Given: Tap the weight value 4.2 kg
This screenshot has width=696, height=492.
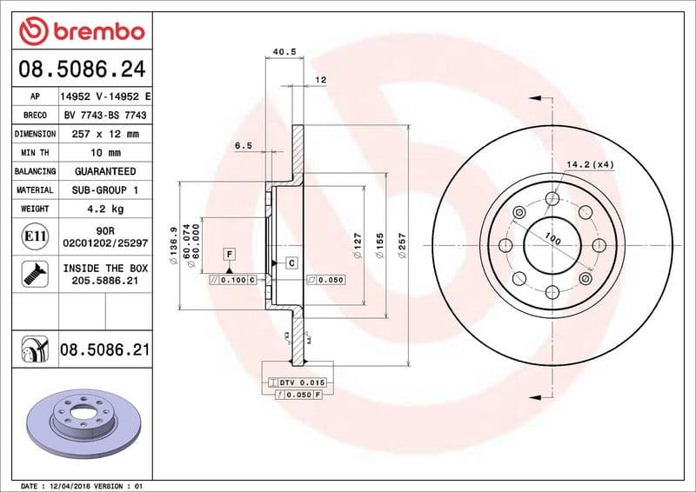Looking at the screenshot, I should pyautogui.click(x=104, y=209).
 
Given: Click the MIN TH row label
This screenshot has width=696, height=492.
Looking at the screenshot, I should pyautogui.click(x=36, y=153).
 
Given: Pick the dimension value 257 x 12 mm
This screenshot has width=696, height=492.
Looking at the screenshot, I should pyautogui.click(x=104, y=134).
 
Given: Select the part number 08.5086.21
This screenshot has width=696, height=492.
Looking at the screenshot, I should pyautogui.click(x=104, y=350).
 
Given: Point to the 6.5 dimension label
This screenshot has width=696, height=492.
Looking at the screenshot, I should pyautogui.click(x=244, y=146).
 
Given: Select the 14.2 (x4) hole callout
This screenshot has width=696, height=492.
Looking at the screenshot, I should pyautogui.click(x=591, y=164).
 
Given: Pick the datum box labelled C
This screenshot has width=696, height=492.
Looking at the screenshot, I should pyautogui.click(x=291, y=263).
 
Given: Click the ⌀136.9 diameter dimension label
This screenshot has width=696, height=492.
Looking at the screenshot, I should pyautogui.click(x=174, y=242).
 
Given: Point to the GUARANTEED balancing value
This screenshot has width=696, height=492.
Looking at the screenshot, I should pyautogui.click(x=104, y=171).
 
